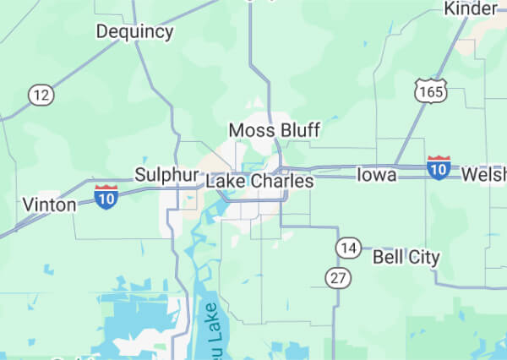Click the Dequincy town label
(134, 32)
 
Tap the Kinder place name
(470, 8)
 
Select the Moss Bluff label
(275, 130)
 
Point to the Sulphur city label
(160, 175)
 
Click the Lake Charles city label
(259, 182)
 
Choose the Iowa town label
(376, 175)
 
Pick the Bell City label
(406, 257)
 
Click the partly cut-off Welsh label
(484, 175)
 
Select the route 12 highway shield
(40, 95)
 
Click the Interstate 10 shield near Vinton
(106, 197)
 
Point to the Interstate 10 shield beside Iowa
(438, 167)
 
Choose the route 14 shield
(347, 248)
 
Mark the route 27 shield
(338, 278)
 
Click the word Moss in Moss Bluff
(248, 130)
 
